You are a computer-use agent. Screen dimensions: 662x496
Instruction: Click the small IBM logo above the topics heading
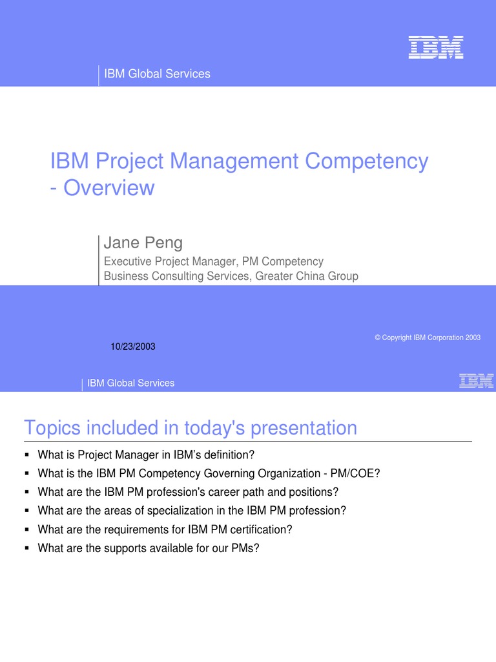[x=476, y=381]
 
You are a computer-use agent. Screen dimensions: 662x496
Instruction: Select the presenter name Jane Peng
[x=143, y=243]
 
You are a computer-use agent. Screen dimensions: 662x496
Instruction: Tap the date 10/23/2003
[x=133, y=347]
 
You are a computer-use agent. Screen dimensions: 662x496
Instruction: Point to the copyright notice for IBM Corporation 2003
[x=428, y=338]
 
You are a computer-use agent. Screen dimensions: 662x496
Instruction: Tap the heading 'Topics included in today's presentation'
[x=190, y=427]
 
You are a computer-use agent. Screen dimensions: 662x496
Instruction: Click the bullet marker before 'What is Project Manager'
[x=27, y=454]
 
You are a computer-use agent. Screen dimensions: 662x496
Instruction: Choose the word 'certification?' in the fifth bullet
[x=261, y=529]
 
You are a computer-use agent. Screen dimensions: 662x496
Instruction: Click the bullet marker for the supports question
[x=27, y=548]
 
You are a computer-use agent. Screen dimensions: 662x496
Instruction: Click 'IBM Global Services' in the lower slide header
[x=130, y=383]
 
